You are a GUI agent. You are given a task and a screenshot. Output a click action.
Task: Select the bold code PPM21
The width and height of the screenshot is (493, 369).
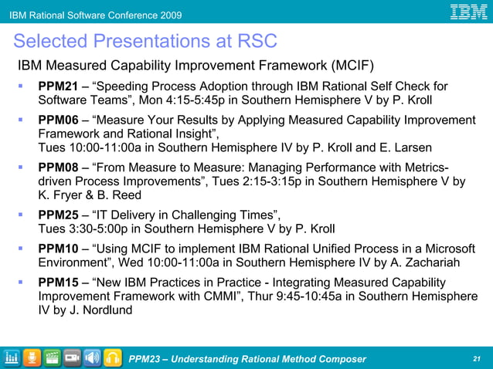pyautogui.click(x=57, y=86)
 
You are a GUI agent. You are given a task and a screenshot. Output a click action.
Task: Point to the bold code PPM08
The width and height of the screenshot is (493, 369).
pyautogui.click(x=57, y=168)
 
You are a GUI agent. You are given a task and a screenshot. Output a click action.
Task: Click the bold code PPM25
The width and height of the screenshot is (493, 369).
pyautogui.click(x=57, y=215)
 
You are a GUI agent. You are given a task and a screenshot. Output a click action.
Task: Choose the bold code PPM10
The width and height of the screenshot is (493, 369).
pyautogui.click(x=57, y=249)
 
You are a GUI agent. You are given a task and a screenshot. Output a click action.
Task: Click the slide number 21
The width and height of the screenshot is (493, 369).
pyautogui.click(x=476, y=359)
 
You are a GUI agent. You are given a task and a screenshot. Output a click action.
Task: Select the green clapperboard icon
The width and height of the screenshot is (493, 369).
pyautogui.click(x=53, y=357)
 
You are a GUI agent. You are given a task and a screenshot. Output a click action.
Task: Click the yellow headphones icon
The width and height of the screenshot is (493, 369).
pyautogui.click(x=113, y=357)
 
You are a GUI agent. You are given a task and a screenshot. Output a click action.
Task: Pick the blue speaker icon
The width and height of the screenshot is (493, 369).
pyautogui.click(x=93, y=357)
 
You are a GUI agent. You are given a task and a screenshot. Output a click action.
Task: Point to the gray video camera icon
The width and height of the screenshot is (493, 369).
pyautogui.click(x=73, y=357)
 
